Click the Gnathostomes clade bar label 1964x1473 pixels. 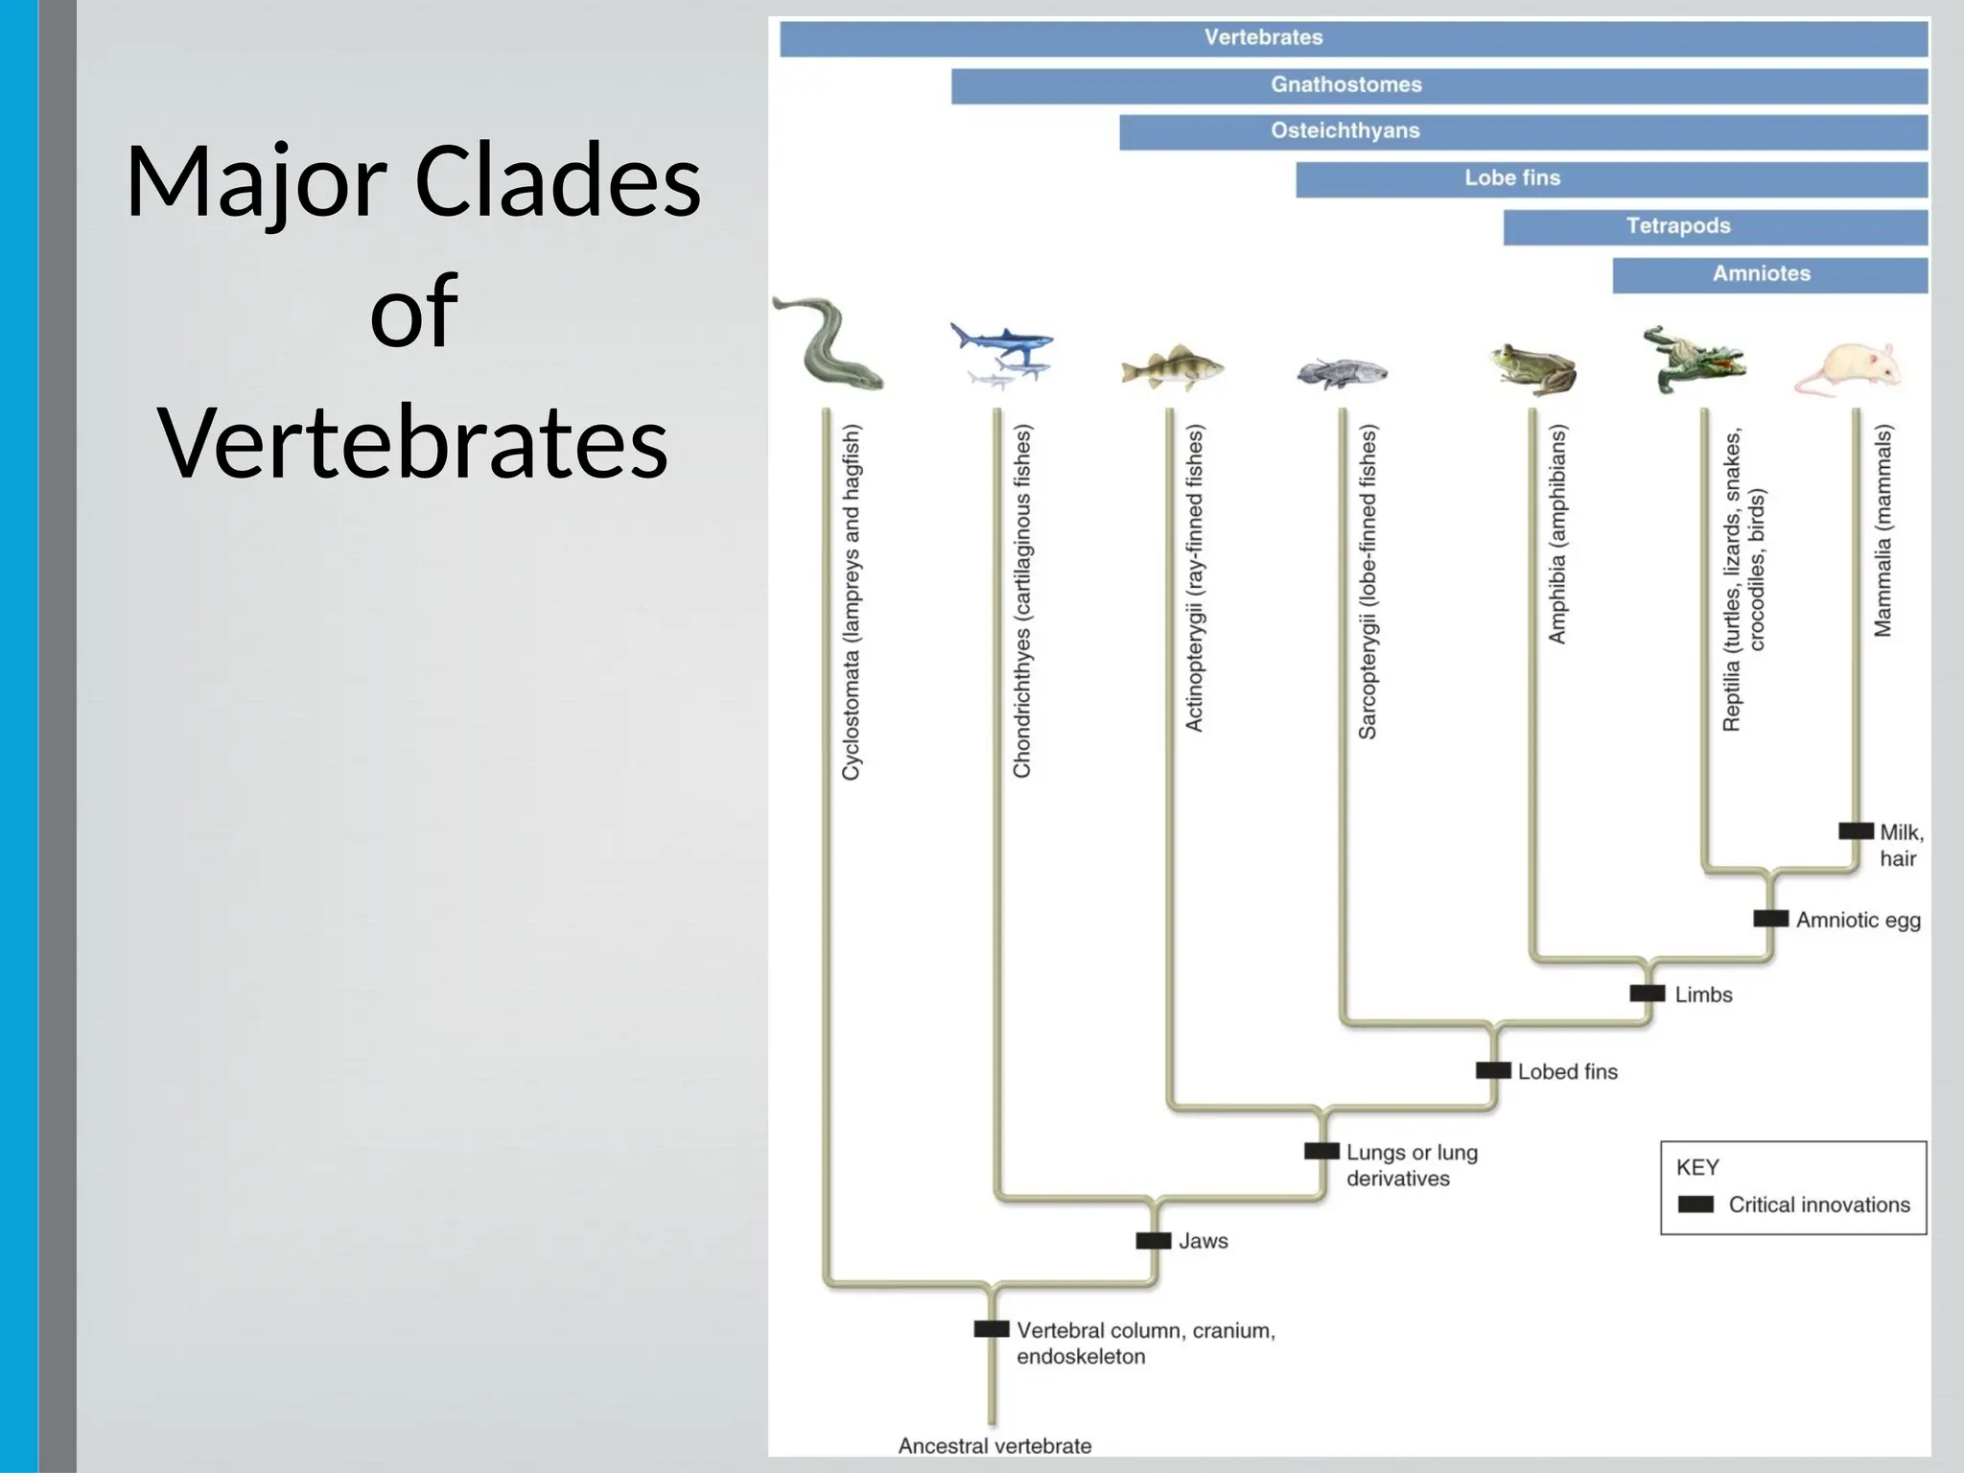[1345, 84]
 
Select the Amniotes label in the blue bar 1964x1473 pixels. [1761, 274]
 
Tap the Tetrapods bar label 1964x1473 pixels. [1677, 226]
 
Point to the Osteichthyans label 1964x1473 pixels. [1344, 131]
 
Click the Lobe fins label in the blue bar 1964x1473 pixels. [1511, 178]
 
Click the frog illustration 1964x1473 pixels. [1534, 368]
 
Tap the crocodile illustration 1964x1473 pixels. [1692, 360]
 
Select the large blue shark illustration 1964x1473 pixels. [1002, 340]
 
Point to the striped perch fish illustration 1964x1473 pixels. [1172, 369]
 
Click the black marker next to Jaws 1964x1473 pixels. [1153, 1241]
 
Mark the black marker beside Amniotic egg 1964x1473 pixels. [1770, 919]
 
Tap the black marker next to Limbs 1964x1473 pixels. [1647, 994]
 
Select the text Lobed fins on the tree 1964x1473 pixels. [1567, 1072]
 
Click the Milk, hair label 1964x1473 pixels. [1899, 845]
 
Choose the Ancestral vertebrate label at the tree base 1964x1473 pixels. [994, 1445]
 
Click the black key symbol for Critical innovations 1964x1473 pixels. [1695, 1204]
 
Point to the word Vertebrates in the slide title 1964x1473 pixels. [412, 442]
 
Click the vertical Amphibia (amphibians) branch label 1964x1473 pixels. [1557, 534]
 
